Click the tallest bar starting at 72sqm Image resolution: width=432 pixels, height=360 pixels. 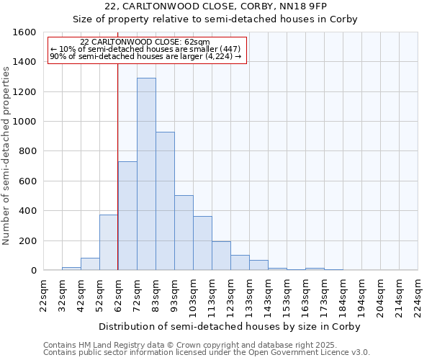click(146, 174)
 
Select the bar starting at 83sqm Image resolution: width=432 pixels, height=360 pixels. click(165, 202)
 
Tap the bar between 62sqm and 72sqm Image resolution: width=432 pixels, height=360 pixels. click(127, 216)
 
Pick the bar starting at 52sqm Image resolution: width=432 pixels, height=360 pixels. click(109, 243)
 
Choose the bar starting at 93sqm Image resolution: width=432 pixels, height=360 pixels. click(184, 233)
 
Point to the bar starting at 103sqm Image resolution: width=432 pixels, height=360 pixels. click(202, 243)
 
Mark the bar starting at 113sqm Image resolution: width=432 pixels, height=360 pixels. click(221, 256)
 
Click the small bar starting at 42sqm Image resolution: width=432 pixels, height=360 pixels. click(90, 264)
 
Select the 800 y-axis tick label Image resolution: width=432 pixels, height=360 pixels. click(28, 151)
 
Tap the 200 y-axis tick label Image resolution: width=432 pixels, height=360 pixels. click(28, 240)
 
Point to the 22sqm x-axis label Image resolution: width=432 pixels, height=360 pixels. click(44, 293)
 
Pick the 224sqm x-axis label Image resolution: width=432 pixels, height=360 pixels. click(418, 293)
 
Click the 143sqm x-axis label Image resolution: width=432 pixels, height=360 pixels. click(269, 293)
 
